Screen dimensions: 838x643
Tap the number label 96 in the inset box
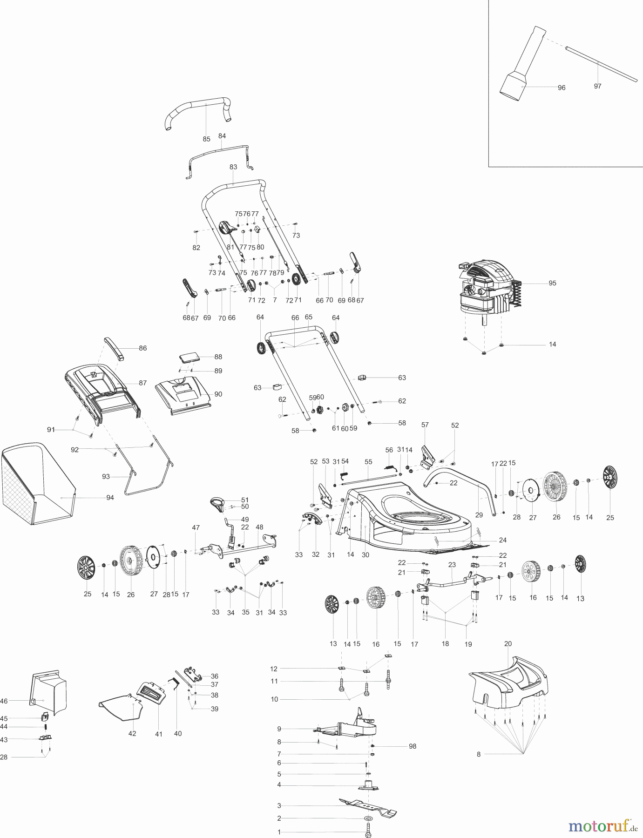(562, 88)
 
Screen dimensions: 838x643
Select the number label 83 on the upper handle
(233, 167)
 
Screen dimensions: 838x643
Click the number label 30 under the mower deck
(365, 554)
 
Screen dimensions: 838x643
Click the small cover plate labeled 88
(190, 357)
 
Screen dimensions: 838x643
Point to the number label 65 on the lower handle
(308, 317)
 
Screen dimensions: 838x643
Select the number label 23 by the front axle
(452, 565)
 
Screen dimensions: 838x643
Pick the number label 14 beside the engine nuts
(552, 345)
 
